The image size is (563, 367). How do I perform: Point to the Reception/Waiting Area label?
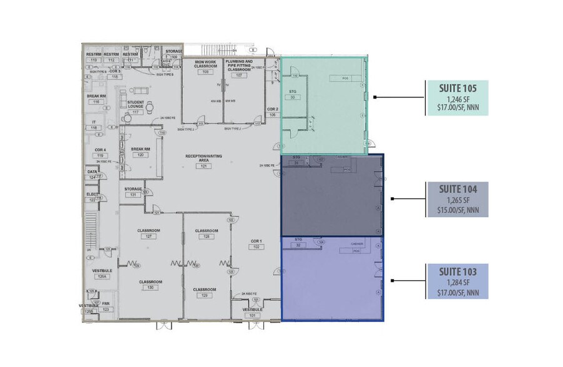(204, 157)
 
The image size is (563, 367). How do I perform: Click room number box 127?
(149, 237)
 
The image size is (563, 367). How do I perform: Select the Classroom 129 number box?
(205, 296)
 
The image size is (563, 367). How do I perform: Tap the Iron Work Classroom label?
(205, 64)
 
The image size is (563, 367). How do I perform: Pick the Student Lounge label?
(136, 104)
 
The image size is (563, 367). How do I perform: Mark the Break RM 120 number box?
(141, 155)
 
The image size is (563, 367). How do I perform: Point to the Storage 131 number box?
(133, 195)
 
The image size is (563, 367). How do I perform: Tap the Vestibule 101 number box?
(252, 315)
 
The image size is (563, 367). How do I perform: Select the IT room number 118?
(94, 128)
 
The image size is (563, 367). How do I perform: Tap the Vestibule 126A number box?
(102, 276)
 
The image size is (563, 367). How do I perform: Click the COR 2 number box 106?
(272, 115)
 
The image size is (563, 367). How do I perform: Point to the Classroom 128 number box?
(205, 237)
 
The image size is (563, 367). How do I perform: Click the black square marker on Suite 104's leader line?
(391, 199)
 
